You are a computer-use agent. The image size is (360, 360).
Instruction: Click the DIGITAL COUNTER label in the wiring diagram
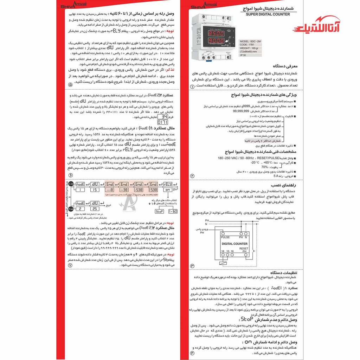(234, 244)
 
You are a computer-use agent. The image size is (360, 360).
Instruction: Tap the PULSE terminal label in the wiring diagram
(225, 238)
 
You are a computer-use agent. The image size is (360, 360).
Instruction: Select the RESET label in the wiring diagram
(244, 248)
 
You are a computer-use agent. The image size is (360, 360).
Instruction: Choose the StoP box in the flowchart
(160, 212)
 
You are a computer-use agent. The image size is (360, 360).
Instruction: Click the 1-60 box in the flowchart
(173, 212)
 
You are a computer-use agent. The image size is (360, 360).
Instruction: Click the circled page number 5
(70, 85)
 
